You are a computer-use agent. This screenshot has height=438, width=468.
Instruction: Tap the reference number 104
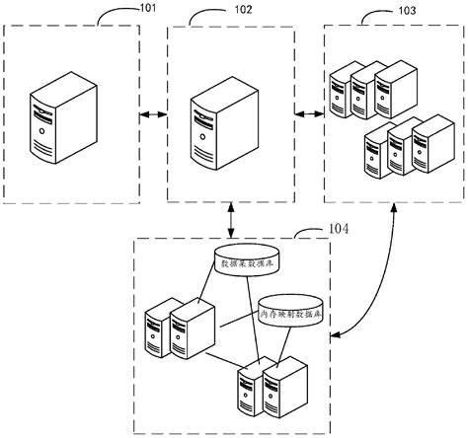click(340, 232)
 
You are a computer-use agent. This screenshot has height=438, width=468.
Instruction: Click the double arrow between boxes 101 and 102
click(151, 117)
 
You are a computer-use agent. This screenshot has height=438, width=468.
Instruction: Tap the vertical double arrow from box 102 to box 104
click(231, 217)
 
